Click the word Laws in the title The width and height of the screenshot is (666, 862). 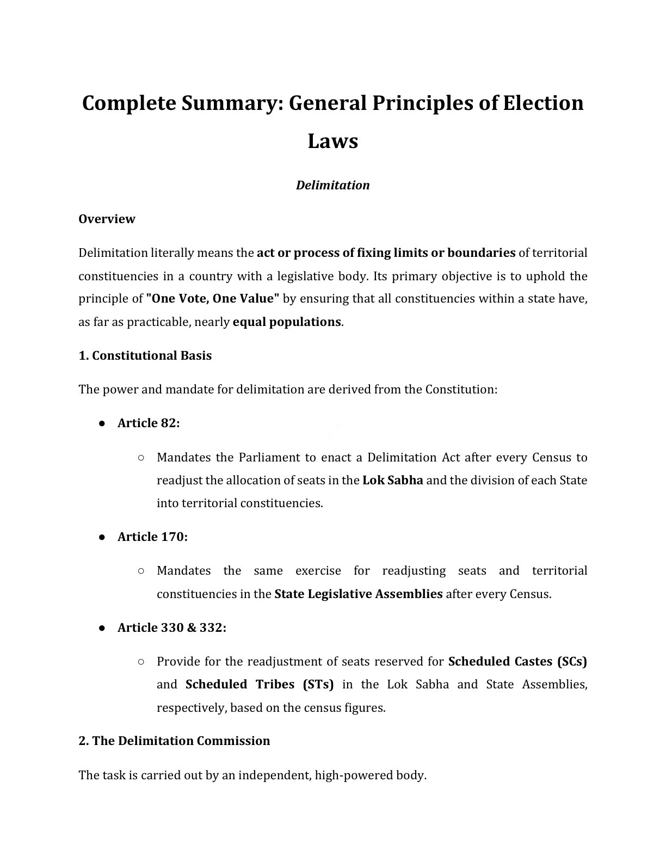tap(332, 141)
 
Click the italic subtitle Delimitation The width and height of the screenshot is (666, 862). tap(332, 185)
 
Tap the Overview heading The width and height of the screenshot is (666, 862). tap(107, 219)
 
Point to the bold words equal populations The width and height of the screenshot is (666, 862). tap(287, 322)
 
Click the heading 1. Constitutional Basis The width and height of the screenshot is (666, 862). tap(145, 355)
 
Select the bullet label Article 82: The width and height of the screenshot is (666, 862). tap(148, 423)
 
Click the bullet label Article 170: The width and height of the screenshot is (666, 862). tap(152, 537)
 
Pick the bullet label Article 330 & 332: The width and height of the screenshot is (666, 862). tap(171, 627)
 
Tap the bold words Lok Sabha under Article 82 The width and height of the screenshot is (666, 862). tap(392, 480)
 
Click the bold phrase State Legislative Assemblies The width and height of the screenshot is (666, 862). tap(358, 594)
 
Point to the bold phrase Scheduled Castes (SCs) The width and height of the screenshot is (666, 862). tap(517, 661)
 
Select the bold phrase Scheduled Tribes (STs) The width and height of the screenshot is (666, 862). tap(260, 684)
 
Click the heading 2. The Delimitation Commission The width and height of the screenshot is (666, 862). tap(174, 741)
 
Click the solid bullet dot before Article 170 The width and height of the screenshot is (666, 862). tap(102, 537)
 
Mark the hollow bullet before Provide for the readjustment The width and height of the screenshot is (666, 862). tap(141, 662)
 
